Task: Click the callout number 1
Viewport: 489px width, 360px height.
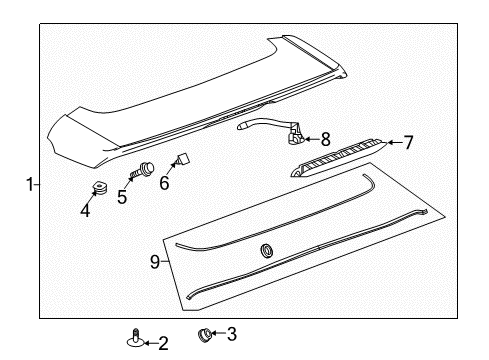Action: click(x=30, y=184)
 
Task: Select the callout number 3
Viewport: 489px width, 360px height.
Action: click(x=232, y=334)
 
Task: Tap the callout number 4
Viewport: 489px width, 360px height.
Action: click(x=85, y=210)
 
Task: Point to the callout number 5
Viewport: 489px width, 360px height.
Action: click(x=123, y=197)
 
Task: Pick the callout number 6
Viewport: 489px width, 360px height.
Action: click(x=164, y=183)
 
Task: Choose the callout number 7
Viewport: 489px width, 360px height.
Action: click(x=408, y=142)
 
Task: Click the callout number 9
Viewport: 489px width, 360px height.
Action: click(x=155, y=263)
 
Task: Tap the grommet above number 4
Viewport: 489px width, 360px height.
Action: click(x=100, y=187)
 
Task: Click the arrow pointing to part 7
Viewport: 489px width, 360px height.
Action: click(x=392, y=143)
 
